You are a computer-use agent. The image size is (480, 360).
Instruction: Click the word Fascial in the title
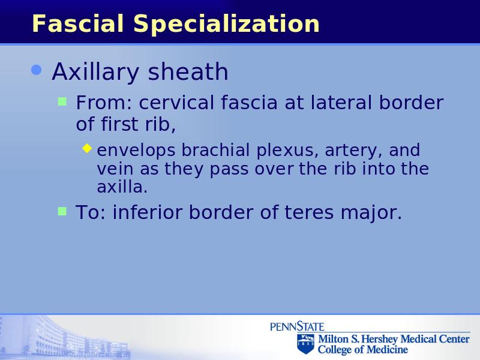point(78,23)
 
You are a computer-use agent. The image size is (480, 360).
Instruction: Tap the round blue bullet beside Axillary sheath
point(37,70)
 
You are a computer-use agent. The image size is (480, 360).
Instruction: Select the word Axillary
point(95,72)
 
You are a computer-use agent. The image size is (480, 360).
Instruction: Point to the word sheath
point(188,71)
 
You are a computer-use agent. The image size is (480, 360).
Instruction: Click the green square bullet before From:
point(62,101)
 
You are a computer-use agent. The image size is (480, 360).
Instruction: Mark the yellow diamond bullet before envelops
point(87,148)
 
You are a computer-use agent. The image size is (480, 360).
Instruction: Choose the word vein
point(115,169)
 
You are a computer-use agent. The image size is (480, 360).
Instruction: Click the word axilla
point(122,187)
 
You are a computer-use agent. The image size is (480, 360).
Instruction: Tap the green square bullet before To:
point(62,211)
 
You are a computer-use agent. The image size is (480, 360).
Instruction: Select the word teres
point(309,212)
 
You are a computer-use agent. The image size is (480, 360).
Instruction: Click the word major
point(371,214)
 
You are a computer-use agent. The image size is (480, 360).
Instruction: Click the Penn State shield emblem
point(305,344)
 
